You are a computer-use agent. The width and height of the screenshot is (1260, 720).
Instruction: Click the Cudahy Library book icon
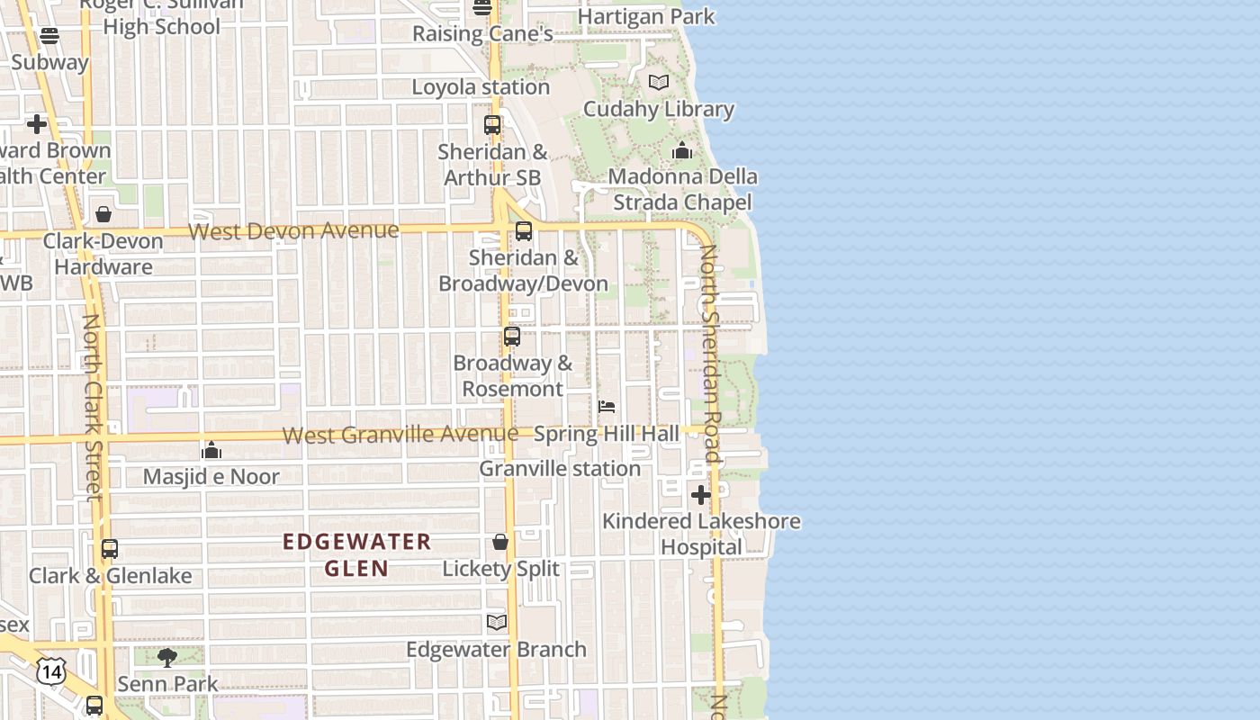point(659,83)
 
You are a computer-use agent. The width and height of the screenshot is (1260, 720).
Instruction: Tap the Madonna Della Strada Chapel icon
point(682,150)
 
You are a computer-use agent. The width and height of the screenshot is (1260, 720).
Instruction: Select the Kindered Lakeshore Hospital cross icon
point(700,494)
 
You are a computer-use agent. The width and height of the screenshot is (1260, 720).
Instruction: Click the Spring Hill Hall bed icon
point(607,407)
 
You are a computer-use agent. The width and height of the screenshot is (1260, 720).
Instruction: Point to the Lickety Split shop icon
point(500,542)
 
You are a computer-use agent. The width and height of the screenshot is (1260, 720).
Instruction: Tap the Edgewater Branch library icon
point(497,622)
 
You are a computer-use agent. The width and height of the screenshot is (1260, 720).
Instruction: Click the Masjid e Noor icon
point(211,450)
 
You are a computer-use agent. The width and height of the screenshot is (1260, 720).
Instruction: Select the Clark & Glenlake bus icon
point(110,548)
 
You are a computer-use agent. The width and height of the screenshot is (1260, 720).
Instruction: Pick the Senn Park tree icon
point(167,658)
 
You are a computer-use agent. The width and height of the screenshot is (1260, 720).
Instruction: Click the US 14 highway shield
point(51,670)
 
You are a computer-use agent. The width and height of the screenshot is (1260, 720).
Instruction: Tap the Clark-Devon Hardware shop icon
point(103,214)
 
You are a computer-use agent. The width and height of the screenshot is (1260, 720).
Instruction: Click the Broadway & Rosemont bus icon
point(512,337)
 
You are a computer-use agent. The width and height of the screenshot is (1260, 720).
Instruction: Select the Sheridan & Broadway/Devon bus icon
point(524,231)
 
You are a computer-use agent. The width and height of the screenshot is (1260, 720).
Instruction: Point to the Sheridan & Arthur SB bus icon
point(492,125)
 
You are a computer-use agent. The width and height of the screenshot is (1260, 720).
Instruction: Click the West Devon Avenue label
point(293,231)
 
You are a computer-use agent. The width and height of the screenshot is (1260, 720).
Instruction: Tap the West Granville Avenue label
point(400,435)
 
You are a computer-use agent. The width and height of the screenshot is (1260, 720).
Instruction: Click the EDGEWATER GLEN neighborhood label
point(356,554)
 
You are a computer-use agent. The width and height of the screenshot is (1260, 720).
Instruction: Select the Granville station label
point(560,469)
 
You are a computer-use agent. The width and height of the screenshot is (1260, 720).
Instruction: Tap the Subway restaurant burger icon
point(49,36)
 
